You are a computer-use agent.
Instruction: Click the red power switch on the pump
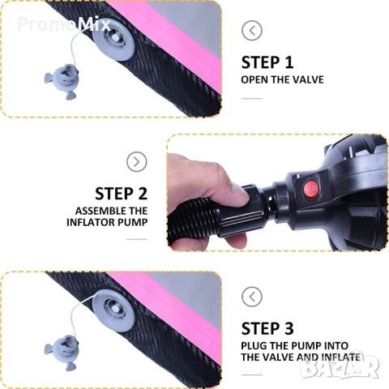(x=310, y=188)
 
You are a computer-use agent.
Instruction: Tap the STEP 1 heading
(x=267, y=62)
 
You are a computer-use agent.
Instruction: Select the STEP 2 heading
(x=122, y=194)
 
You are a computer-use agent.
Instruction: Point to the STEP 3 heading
(x=267, y=328)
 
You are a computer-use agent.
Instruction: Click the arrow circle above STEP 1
(x=252, y=30)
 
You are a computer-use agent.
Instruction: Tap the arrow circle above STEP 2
(x=137, y=162)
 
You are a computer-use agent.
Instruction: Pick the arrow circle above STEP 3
(x=252, y=297)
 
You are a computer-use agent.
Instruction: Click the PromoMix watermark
(x=64, y=24)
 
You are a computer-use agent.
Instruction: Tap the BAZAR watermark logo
(x=340, y=365)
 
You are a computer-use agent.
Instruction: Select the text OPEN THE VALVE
(x=282, y=79)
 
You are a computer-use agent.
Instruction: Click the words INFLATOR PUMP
(x=107, y=222)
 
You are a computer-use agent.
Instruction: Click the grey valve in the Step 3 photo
(x=113, y=308)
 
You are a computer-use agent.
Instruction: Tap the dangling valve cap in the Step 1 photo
(x=62, y=81)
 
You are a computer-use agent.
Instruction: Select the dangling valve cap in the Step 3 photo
(x=62, y=352)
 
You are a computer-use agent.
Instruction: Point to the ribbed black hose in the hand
(x=193, y=220)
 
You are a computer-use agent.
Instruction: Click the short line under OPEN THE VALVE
(x=252, y=98)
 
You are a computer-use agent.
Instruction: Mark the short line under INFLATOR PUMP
(x=137, y=239)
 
